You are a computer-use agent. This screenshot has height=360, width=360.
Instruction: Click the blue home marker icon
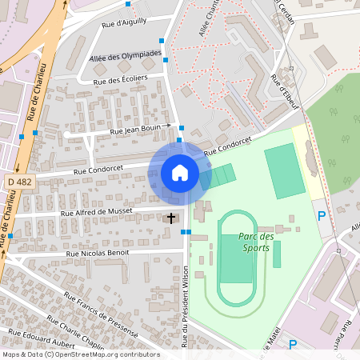pos(180,173)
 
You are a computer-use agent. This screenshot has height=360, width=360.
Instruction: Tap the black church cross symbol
pos(170,218)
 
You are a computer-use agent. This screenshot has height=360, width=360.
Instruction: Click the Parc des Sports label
pos(256,242)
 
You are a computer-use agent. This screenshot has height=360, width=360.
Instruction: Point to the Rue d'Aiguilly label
pos(125,22)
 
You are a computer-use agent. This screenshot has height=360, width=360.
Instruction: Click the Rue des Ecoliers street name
pos(121,80)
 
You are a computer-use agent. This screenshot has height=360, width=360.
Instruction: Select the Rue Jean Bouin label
pos(136,128)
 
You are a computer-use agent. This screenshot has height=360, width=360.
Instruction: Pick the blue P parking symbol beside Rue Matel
pos(293,345)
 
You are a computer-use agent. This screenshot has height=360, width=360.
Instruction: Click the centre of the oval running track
pos(235,258)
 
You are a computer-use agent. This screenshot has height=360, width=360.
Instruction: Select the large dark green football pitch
pos(285,170)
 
